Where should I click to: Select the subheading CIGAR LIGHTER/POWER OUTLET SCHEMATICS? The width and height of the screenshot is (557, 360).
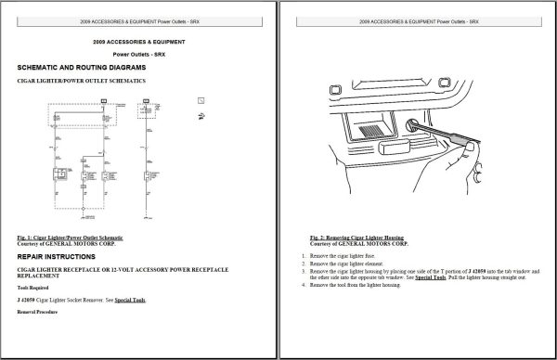point(82,83)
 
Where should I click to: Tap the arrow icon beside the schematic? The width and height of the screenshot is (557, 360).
point(201,115)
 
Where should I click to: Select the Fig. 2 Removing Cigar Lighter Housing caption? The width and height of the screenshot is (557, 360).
point(357,237)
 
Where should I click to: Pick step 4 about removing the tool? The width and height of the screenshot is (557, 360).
point(369,286)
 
